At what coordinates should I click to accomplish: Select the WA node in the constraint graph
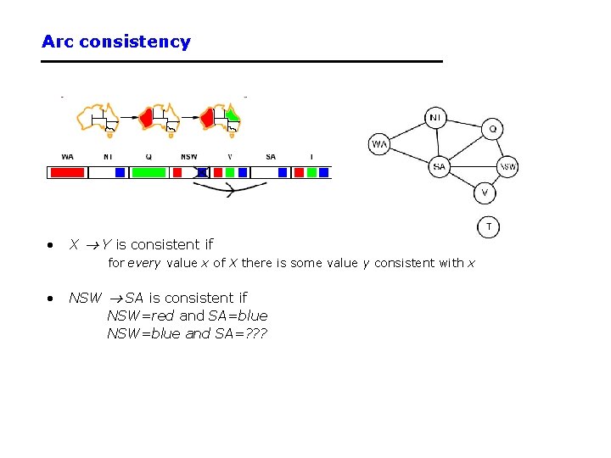379,144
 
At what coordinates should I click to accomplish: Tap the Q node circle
493,130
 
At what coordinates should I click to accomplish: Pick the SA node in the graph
439,166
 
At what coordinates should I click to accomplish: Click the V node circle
485,193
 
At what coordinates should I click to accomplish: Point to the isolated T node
489,226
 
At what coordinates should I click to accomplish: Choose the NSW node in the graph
507,167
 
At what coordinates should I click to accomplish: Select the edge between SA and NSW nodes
473,166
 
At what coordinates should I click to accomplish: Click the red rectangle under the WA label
67,172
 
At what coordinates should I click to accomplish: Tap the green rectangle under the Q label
149,172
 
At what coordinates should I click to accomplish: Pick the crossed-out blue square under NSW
201,172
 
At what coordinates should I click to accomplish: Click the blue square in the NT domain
120,172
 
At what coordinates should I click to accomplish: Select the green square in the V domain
230,172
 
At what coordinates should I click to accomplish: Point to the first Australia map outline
98,118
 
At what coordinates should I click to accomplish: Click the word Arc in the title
58,42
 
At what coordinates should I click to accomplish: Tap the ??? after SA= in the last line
253,333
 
